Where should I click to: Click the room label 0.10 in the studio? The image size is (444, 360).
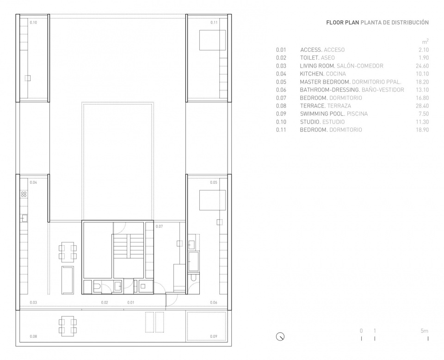33,22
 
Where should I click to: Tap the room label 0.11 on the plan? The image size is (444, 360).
214,22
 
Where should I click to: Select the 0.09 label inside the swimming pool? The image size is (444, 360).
214,336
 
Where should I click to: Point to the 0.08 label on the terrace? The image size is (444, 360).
33,336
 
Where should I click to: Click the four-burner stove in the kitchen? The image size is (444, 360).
24,194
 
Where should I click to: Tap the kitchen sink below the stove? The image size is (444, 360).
24,218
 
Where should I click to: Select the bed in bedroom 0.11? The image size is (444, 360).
212,40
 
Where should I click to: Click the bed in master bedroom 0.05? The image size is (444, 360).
212,200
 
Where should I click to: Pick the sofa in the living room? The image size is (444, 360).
68,280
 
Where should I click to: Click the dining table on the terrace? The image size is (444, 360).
68,326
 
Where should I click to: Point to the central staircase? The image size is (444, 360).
129,247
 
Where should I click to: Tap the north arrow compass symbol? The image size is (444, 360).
280,336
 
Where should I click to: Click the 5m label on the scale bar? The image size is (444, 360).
425,330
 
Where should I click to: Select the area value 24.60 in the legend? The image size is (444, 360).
422,66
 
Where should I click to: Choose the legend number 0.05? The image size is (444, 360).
281,82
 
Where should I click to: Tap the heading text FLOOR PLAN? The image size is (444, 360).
343,22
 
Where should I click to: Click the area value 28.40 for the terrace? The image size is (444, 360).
422,106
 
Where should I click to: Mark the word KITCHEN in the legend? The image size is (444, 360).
312,74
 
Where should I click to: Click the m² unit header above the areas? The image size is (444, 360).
425,42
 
